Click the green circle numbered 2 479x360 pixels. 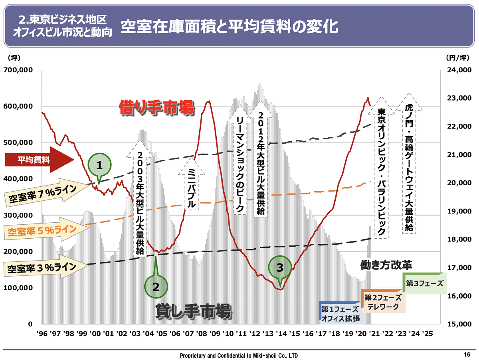pos(156,286)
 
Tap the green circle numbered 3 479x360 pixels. pos(280,267)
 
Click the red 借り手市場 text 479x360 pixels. pos(156,108)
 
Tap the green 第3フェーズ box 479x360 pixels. pos(424,283)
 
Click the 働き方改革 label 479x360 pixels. pos(386,264)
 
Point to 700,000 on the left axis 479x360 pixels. pos(20,70)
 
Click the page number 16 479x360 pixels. pos(467,354)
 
